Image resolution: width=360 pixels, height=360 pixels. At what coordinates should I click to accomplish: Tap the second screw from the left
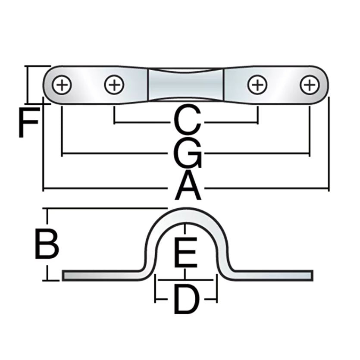point(114,85)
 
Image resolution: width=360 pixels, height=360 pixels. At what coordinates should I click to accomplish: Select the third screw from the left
point(257,85)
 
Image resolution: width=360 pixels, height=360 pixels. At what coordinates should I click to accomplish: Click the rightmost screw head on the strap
point(309,85)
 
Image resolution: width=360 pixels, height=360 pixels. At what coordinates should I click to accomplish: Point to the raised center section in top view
point(186,85)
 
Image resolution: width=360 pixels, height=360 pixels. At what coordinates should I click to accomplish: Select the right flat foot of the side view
point(272,275)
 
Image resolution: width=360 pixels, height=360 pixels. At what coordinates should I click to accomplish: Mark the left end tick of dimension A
point(44,188)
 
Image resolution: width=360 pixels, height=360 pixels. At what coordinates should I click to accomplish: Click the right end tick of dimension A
point(329,188)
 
